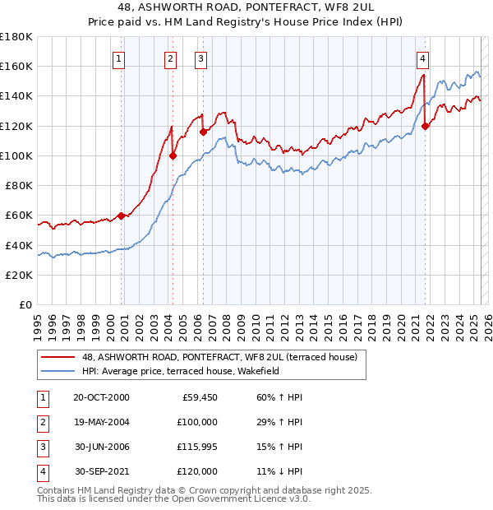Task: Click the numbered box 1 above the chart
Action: (120, 58)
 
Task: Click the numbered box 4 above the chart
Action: (422, 58)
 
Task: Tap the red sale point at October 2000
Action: (121, 216)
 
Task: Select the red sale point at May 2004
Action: (173, 155)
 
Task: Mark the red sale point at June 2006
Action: (203, 132)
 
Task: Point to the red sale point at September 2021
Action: (426, 126)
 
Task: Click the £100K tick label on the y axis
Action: (16, 155)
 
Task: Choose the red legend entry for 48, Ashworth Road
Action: (219, 358)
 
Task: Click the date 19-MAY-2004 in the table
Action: (101, 421)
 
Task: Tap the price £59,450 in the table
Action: (199, 397)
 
